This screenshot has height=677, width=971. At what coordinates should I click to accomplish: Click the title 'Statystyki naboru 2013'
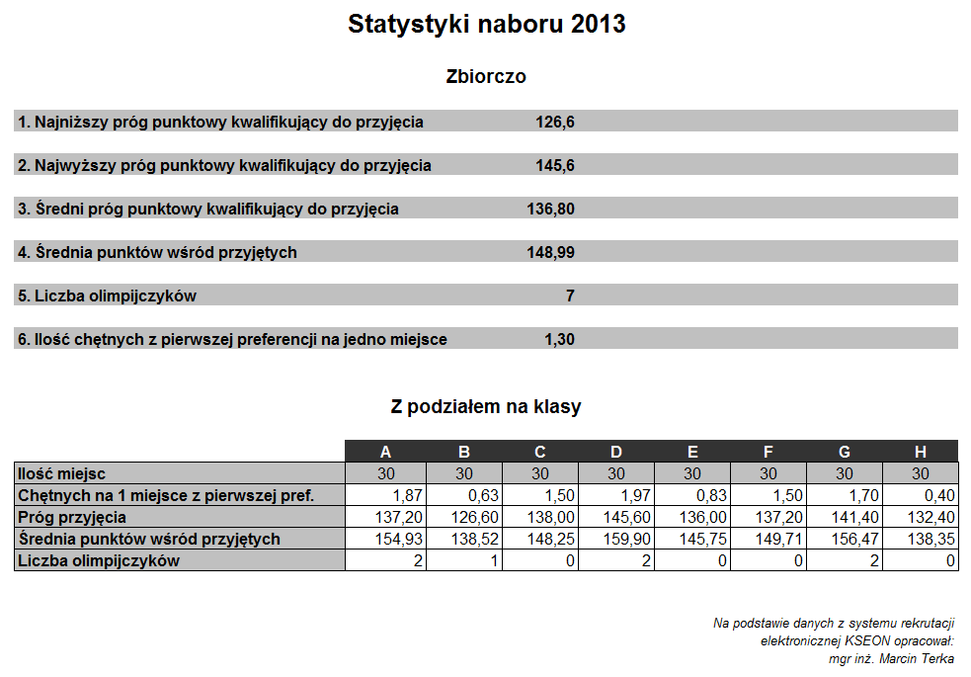point(487,24)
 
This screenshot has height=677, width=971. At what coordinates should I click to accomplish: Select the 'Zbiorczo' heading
point(486,76)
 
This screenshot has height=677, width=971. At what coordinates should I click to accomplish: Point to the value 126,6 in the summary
point(555,122)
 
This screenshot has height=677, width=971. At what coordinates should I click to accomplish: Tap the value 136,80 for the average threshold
point(550,209)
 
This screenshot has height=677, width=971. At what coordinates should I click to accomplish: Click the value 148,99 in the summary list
point(550,252)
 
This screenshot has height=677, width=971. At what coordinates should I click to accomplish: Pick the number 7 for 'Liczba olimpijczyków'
point(570,296)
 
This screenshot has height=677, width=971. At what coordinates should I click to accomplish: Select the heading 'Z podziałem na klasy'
point(486,406)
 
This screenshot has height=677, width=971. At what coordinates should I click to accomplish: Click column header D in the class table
point(616,453)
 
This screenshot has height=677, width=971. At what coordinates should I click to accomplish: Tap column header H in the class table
point(921,453)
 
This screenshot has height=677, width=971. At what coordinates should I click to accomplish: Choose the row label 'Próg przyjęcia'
point(72,517)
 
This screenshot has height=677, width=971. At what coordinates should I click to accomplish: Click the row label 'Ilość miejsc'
point(61,473)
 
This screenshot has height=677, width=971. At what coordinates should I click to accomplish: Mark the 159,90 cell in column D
point(626,539)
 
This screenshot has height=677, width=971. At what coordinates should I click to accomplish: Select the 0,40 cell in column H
point(933,495)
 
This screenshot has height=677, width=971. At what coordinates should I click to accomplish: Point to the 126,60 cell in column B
point(474,517)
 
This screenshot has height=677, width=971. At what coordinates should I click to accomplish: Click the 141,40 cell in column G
point(854,517)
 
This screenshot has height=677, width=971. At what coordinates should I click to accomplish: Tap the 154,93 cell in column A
point(398,539)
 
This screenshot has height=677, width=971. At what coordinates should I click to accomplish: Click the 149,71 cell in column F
point(778,539)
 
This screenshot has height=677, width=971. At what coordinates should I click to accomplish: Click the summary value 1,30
point(559,339)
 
